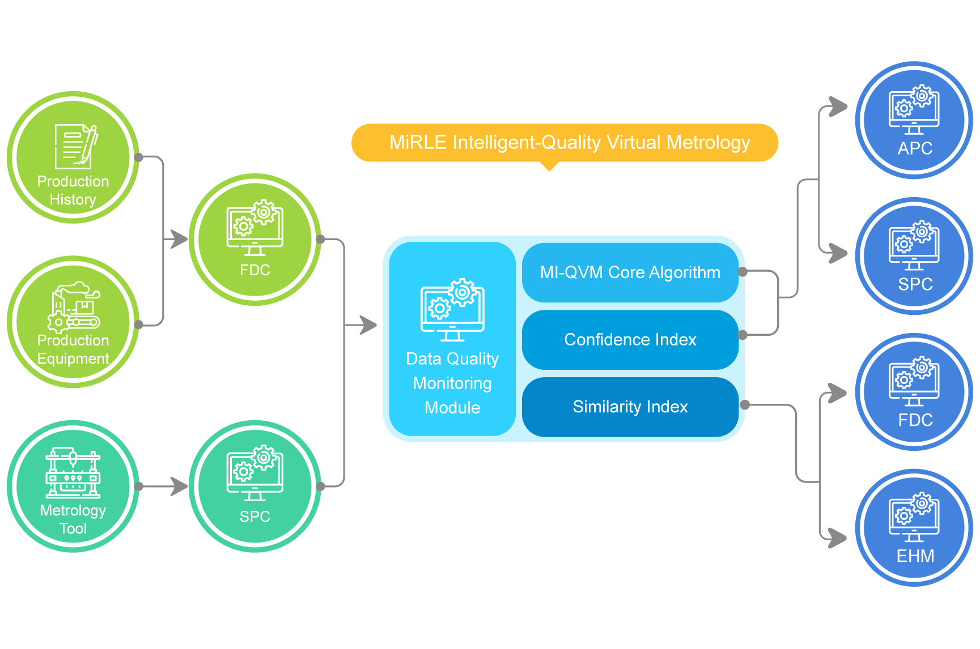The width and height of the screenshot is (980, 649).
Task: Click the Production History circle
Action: click(x=73, y=158)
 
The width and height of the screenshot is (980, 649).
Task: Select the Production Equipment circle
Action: click(x=73, y=322)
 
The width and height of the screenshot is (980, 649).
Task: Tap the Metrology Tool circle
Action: click(x=73, y=486)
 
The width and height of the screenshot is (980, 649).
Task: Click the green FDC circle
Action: click(x=255, y=240)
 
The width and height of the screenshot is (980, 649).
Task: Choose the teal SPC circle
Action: click(x=255, y=486)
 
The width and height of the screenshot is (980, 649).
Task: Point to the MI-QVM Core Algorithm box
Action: click(x=630, y=272)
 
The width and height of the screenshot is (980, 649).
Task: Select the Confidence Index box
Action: click(x=630, y=340)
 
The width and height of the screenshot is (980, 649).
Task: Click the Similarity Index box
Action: click(x=630, y=407)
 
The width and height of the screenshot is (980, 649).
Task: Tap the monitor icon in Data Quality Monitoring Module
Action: click(x=452, y=310)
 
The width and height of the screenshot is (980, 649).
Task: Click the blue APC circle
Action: click(x=914, y=121)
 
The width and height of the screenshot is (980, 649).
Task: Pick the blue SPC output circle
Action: click(x=914, y=257)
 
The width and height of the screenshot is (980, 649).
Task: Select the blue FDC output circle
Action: click(x=914, y=392)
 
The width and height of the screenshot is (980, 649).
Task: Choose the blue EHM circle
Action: click(x=914, y=528)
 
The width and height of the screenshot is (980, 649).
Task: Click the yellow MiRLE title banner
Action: click(x=565, y=143)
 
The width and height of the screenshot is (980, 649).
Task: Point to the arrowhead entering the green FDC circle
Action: click(x=180, y=240)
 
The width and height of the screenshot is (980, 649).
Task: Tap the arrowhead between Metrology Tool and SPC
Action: click(x=180, y=486)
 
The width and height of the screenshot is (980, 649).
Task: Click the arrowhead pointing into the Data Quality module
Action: click(x=369, y=325)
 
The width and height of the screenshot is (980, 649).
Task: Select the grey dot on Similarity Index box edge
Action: click(x=745, y=405)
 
